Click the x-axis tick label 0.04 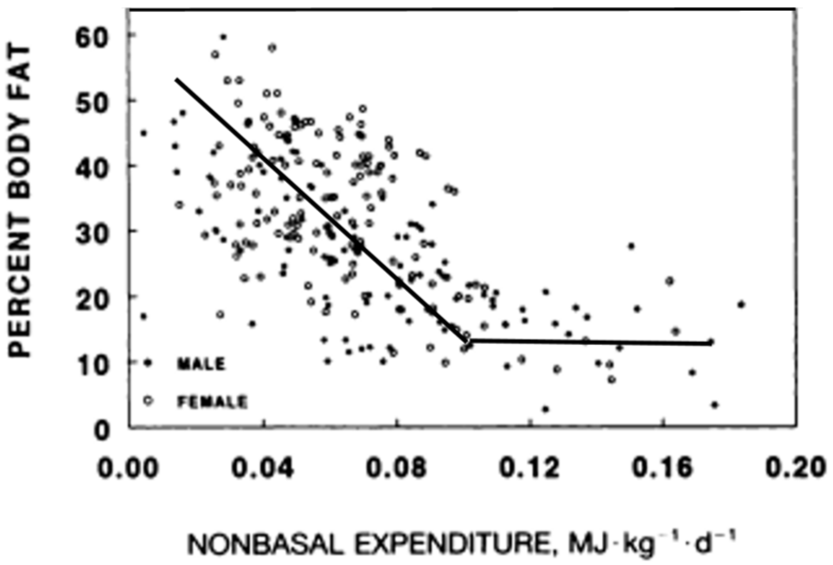[x=263, y=468]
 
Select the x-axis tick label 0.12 [x=529, y=468]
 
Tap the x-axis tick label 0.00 [x=128, y=468]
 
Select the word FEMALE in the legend [x=212, y=402]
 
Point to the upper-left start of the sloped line [x=176, y=79]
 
